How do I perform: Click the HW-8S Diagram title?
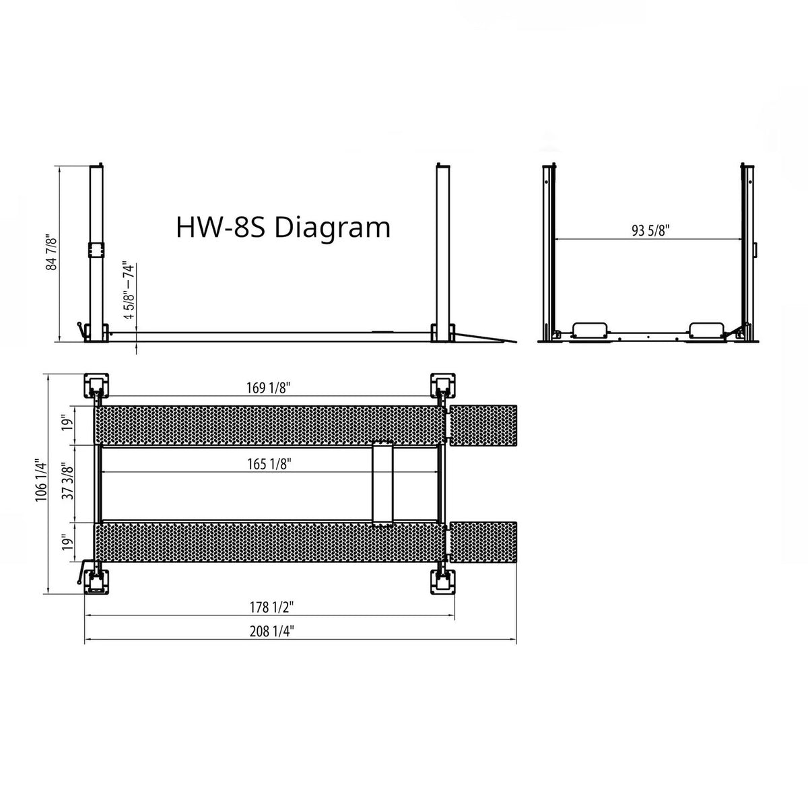pos(283,228)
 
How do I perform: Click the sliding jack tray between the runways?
pos(382,483)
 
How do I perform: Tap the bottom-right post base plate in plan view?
pos(443,578)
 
